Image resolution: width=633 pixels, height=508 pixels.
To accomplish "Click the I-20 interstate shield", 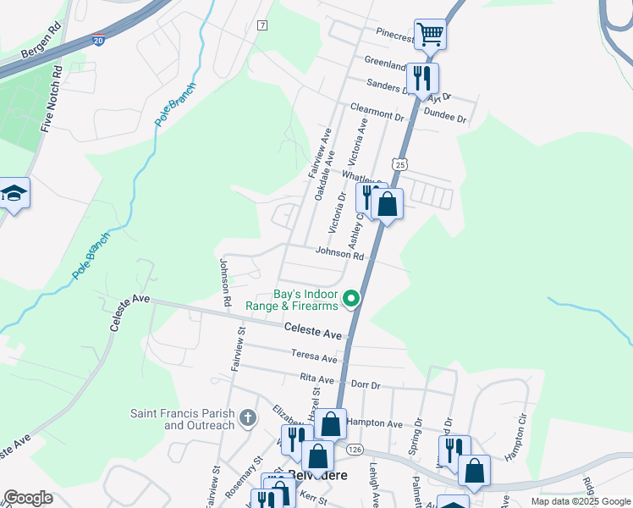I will tap(99, 40).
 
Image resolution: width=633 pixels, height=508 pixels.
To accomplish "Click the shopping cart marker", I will tap(430, 35).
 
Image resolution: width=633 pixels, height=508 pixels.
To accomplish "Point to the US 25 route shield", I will tap(399, 162).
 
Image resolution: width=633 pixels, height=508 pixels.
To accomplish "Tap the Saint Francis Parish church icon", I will tap(247, 417).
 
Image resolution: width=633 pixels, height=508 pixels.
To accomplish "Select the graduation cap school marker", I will tap(14, 194).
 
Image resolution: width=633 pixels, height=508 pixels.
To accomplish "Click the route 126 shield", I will tap(355, 448).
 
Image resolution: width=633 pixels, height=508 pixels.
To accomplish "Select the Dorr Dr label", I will tap(365, 384).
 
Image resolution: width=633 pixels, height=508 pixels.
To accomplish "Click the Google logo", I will tap(28, 498).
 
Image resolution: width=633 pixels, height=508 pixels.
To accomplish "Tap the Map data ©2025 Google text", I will tap(580, 501).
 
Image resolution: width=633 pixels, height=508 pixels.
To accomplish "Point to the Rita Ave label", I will tap(317, 378).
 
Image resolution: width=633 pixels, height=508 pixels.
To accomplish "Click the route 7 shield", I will tap(262, 25).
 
